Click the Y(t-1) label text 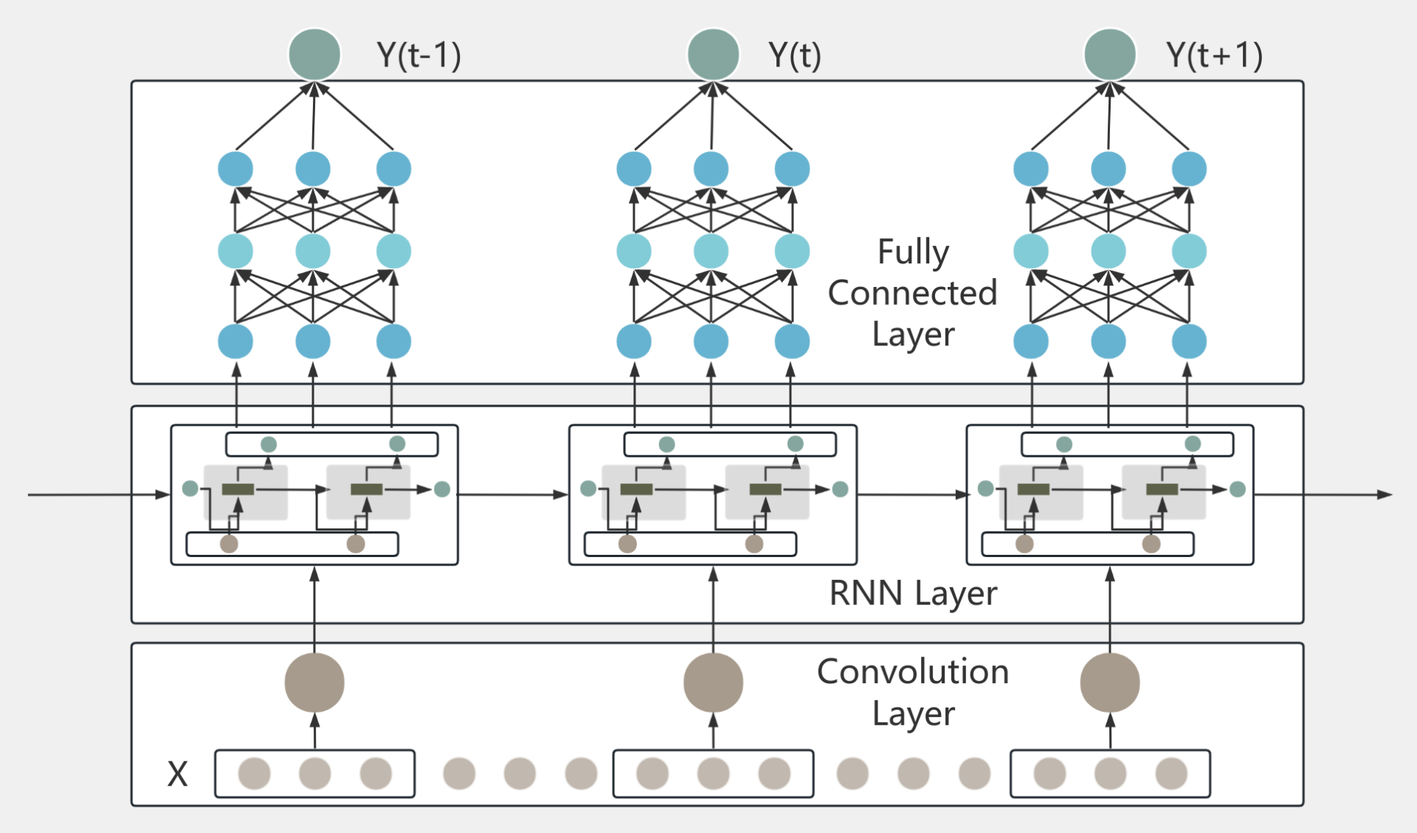click(418, 55)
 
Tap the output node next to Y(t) click(713, 54)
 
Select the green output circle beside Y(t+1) click(1109, 54)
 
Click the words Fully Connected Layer click(913, 293)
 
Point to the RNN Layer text click(913, 593)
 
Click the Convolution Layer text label click(913, 692)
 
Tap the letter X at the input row click(177, 774)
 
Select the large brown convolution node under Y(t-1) click(314, 682)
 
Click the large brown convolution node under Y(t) click(713, 682)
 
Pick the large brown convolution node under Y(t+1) click(1109, 682)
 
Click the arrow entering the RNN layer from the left click(96, 494)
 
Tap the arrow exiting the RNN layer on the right click(1321, 494)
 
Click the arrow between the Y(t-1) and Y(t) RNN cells click(513, 494)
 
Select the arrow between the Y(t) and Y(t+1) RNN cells click(911, 494)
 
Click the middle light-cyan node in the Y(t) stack click(711, 252)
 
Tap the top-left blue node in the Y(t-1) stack click(235, 169)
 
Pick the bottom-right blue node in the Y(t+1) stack click(1189, 342)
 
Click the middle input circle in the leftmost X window click(315, 774)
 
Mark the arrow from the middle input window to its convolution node click(713, 731)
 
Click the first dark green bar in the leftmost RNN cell click(238, 489)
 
